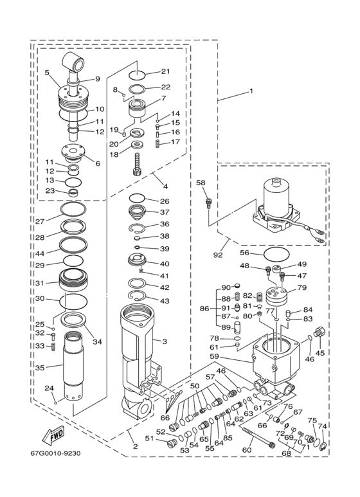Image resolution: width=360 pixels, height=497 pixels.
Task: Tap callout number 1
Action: pyautogui.click(x=251, y=91)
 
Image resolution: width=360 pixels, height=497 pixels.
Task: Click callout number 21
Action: pyautogui.click(x=165, y=71)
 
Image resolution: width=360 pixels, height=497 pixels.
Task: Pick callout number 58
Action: pyautogui.click(x=201, y=183)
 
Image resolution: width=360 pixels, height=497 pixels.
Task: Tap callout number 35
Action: pyautogui.click(x=39, y=368)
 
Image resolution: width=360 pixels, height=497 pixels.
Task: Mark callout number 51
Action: pyautogui.click(x=149, y=438)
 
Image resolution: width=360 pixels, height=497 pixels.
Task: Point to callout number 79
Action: pyautogui.click(x=301, y=287)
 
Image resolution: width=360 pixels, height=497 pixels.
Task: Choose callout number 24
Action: pyautogui.click(x=49, y=388)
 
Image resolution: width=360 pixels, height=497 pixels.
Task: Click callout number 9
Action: pyautogui.click(x=98, y=79)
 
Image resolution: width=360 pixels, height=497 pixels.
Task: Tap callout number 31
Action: pyautogui.click(x=39, y=284)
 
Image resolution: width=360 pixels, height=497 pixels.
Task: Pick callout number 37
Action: pyautogui.click(x=165, y=212)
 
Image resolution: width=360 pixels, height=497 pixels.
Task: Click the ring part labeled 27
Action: pyautogui.click(x=72, y=210)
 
